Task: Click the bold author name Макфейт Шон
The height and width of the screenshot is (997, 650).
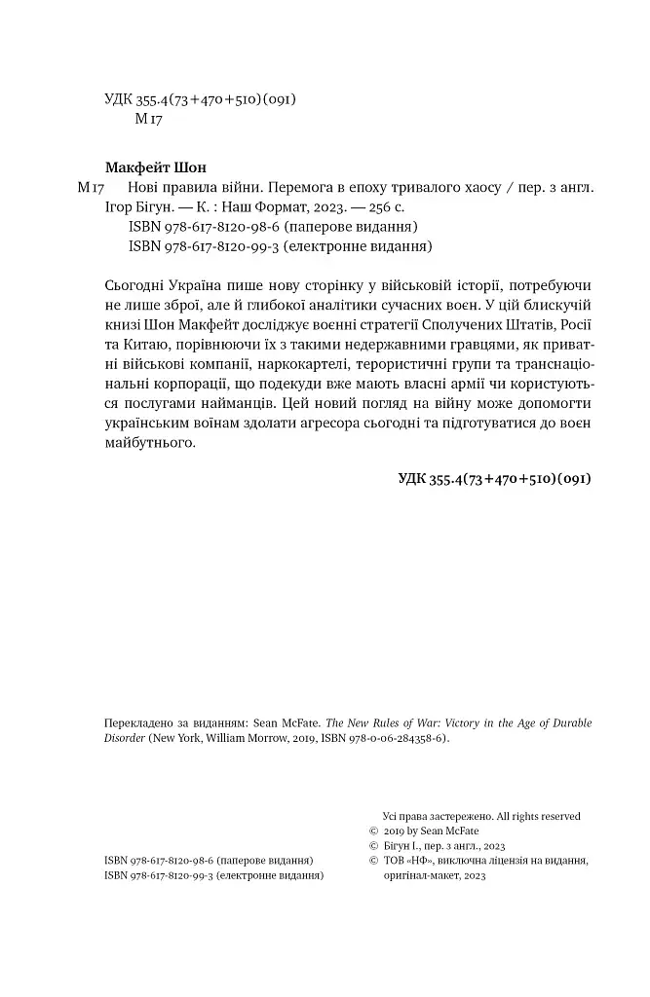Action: point(155,166)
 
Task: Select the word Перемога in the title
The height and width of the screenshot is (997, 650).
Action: point(297,186)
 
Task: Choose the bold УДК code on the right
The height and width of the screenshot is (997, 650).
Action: point(495,478)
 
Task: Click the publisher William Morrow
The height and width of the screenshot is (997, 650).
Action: point(235,739)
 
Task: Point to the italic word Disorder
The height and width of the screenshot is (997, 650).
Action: point(124,739)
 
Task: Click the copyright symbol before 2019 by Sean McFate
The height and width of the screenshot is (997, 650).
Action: point(374,831)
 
